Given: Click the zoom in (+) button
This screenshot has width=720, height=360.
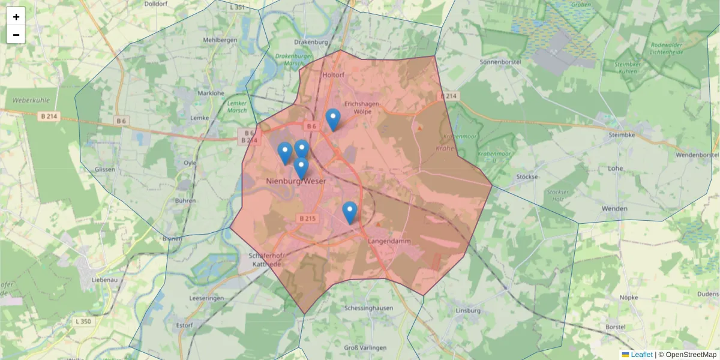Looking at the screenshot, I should pos(16,17).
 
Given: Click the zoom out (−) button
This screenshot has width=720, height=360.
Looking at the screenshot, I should pos(16,35).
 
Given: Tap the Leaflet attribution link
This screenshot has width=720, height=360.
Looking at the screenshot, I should pos(641,355).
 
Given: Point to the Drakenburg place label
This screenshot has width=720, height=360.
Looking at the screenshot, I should pos(311,42).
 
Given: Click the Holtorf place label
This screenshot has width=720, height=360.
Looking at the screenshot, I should pos(334,75).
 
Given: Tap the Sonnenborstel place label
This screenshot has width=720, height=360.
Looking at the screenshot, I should pos(500,62).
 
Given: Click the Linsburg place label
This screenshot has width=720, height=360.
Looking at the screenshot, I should pos(469,310).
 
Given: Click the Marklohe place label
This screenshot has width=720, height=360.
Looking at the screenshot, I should pos(211,93).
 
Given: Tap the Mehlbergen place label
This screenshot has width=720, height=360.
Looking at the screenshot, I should pos(220,40).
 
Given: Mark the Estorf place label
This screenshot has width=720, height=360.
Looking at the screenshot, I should pos(184,325).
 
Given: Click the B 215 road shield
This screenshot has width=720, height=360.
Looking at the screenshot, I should pos(307,218).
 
